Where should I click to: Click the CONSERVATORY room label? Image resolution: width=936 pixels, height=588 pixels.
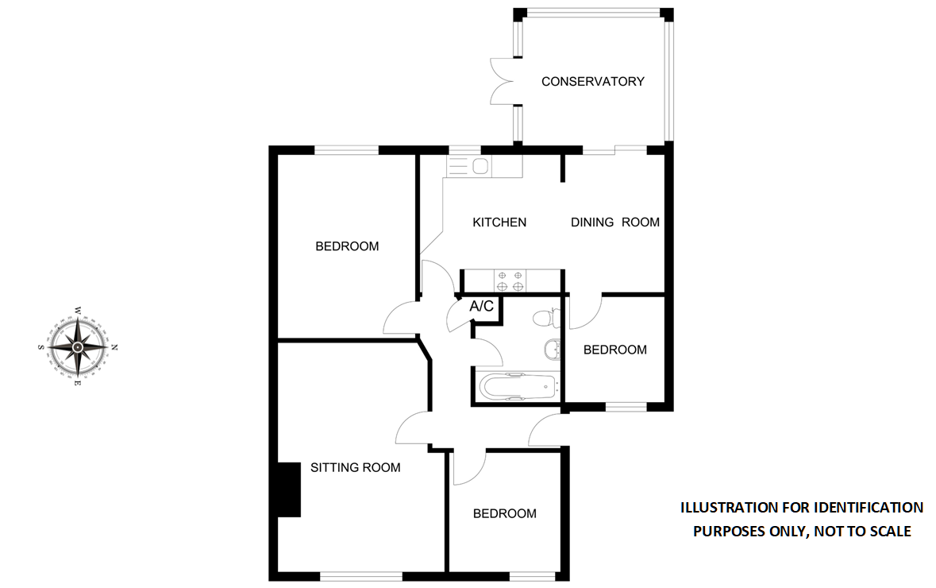592,81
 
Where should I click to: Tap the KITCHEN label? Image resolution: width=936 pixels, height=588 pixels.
499,222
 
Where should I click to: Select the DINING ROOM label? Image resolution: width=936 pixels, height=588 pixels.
615,222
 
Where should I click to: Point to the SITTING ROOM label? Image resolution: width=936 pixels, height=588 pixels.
355,467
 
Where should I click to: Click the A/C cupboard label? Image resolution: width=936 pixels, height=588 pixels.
482,306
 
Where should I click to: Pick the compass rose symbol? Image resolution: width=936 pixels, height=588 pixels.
78,346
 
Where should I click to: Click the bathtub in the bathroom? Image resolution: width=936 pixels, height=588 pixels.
516,387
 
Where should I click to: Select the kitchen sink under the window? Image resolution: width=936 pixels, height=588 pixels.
480,166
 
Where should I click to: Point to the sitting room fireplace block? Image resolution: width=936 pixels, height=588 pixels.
288,489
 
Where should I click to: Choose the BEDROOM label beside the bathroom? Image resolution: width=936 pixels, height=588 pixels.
614,350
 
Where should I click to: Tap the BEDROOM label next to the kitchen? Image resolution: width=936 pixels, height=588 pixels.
347,246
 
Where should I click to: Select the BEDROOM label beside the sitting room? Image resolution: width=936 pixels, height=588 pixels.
504,514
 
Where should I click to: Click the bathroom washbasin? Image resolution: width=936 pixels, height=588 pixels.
552,349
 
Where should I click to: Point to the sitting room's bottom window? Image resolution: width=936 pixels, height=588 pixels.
361,575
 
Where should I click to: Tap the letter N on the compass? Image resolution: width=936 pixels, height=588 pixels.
114,347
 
